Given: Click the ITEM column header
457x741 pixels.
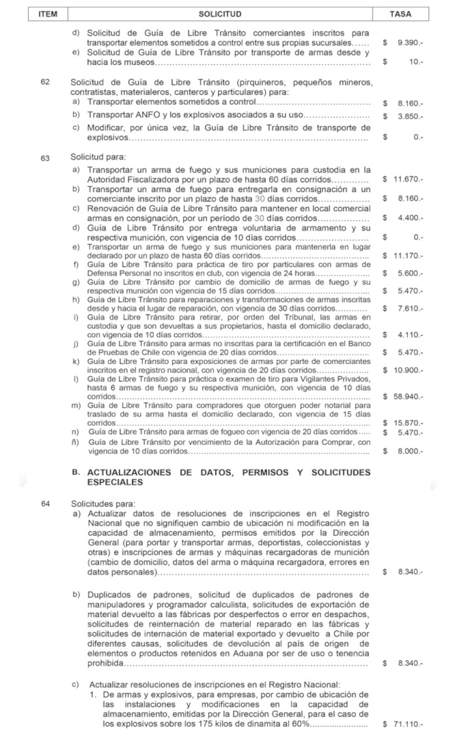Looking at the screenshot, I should (43, 14).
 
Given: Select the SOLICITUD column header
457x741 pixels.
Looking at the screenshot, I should (220, 14).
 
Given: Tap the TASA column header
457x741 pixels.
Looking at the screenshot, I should (400, 14).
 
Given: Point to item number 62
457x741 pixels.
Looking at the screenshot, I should (45, 83).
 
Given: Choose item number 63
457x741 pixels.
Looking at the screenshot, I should (45, 158).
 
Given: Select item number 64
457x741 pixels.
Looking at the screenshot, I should (45, 504).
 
